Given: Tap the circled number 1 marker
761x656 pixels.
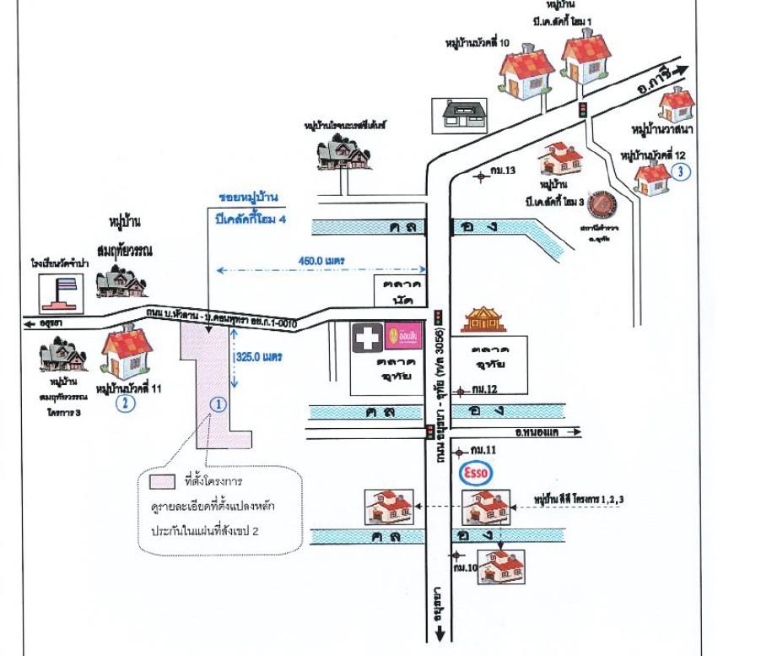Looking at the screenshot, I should click(218, 404).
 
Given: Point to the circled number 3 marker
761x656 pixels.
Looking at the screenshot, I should click(682, 171).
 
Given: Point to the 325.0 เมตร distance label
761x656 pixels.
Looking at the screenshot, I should click(258, 357).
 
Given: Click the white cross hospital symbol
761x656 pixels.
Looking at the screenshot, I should click(365, 338).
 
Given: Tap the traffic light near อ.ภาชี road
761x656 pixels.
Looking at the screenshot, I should click(580, 109).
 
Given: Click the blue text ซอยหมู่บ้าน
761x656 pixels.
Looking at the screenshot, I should click(248, 197).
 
